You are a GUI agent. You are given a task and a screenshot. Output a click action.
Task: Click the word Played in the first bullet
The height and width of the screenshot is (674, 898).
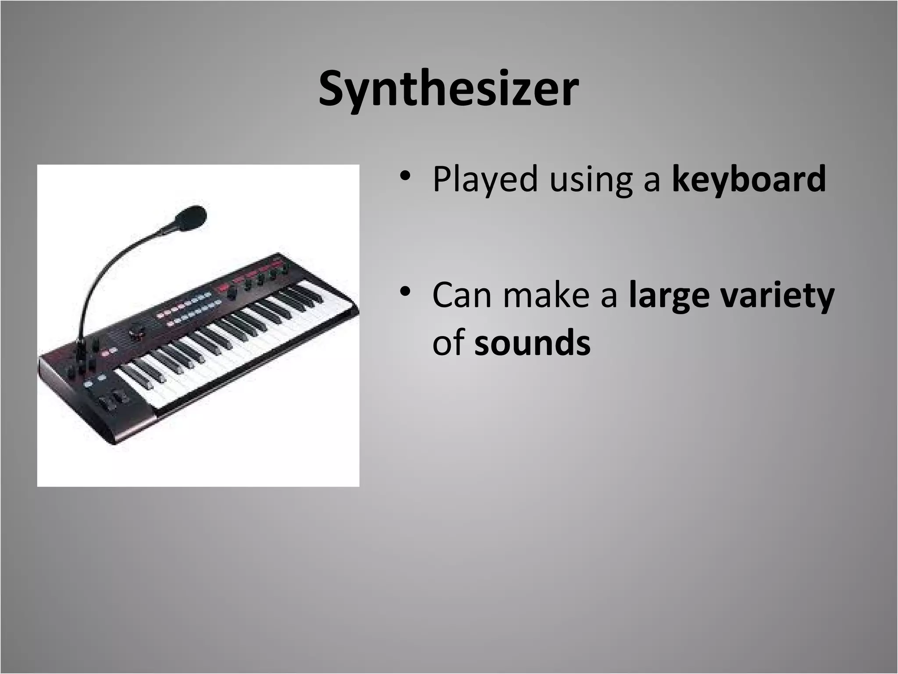[x=485, y=179]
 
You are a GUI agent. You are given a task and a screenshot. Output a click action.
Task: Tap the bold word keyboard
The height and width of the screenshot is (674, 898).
[x=749, y=179]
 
